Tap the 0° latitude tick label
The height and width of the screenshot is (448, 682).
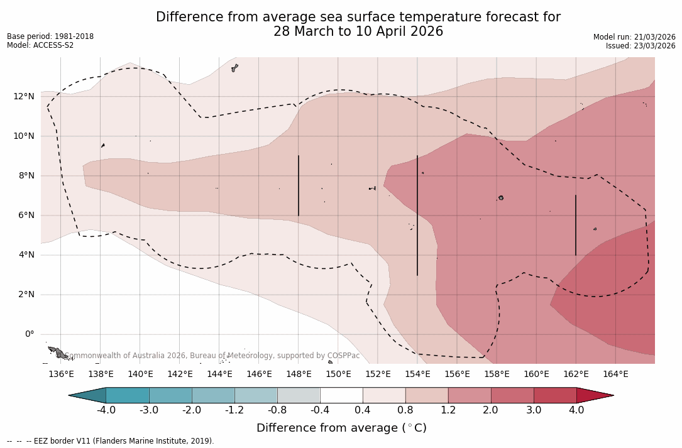point(29,334)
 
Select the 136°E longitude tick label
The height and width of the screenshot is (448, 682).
point(61,374)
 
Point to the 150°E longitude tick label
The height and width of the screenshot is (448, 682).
point(338,374)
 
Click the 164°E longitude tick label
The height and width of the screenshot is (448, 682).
point(615,374)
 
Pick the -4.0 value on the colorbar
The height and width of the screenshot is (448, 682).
point(106,410)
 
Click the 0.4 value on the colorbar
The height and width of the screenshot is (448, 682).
point(363,410)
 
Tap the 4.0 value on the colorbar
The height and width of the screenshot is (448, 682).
point(576,410)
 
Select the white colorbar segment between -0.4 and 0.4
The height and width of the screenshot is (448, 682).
point(341,395)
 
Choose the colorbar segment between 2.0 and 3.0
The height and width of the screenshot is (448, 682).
point(512,395)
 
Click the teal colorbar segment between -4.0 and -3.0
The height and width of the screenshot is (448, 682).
point(128,395)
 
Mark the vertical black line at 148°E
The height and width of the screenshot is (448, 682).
point(299,185)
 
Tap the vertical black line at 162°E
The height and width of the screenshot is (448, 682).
point(576,225)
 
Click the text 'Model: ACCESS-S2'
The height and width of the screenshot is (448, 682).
point(40,45)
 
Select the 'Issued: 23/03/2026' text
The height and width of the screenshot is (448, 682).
point(641,46)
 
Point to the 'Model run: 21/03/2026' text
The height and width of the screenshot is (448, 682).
point(634,37)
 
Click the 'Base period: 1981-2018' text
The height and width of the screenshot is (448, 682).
point(50,36)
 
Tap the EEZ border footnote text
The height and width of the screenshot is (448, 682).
point(110,441)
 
